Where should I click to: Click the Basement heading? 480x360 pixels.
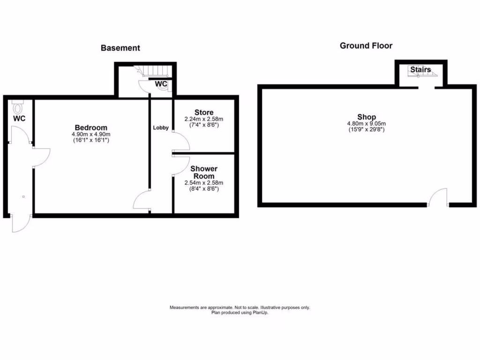tap(120, 48)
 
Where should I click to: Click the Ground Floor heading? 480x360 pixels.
tap(366, 46)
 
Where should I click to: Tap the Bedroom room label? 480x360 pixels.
tap(91, 127)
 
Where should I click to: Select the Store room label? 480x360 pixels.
tap(204, 112)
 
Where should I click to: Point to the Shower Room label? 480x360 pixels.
tap(204, 172)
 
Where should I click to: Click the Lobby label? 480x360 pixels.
tap(161, 127)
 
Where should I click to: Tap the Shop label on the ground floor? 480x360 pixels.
tap(367, 117)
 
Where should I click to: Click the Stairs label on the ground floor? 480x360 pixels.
tap(420, 70)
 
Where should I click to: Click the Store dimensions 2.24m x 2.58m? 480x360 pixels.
tap(204, 119)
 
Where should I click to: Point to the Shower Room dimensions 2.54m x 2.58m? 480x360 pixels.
tap(204, 183)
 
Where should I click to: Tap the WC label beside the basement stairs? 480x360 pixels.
tap(162, 84)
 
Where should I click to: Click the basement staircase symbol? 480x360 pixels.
tap(152, 71)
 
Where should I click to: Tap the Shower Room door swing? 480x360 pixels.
tap(181, 165)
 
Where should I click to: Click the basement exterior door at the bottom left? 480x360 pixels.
tap(21, 224)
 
